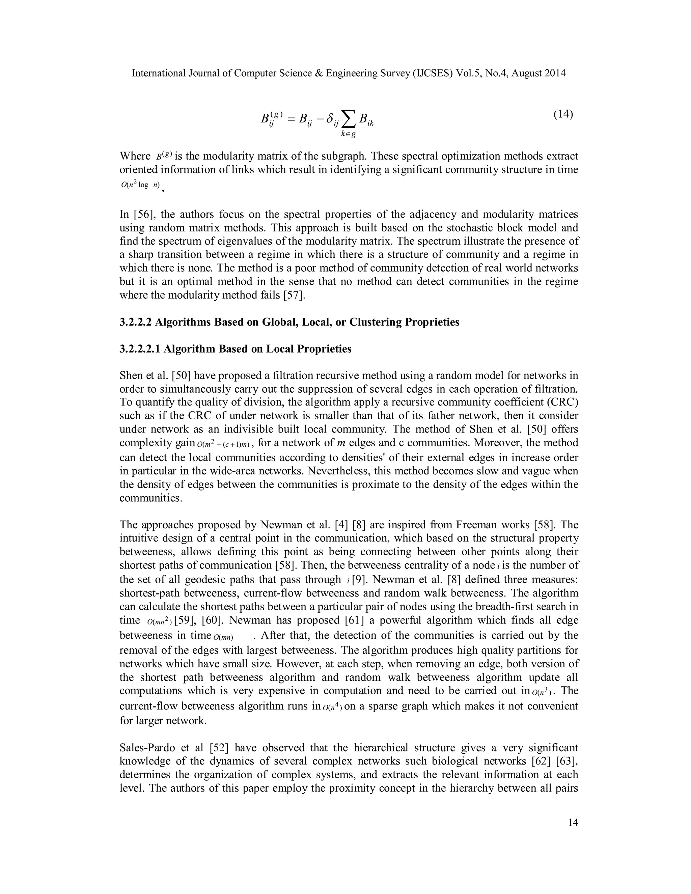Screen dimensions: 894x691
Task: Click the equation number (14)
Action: [x=563, y=114]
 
